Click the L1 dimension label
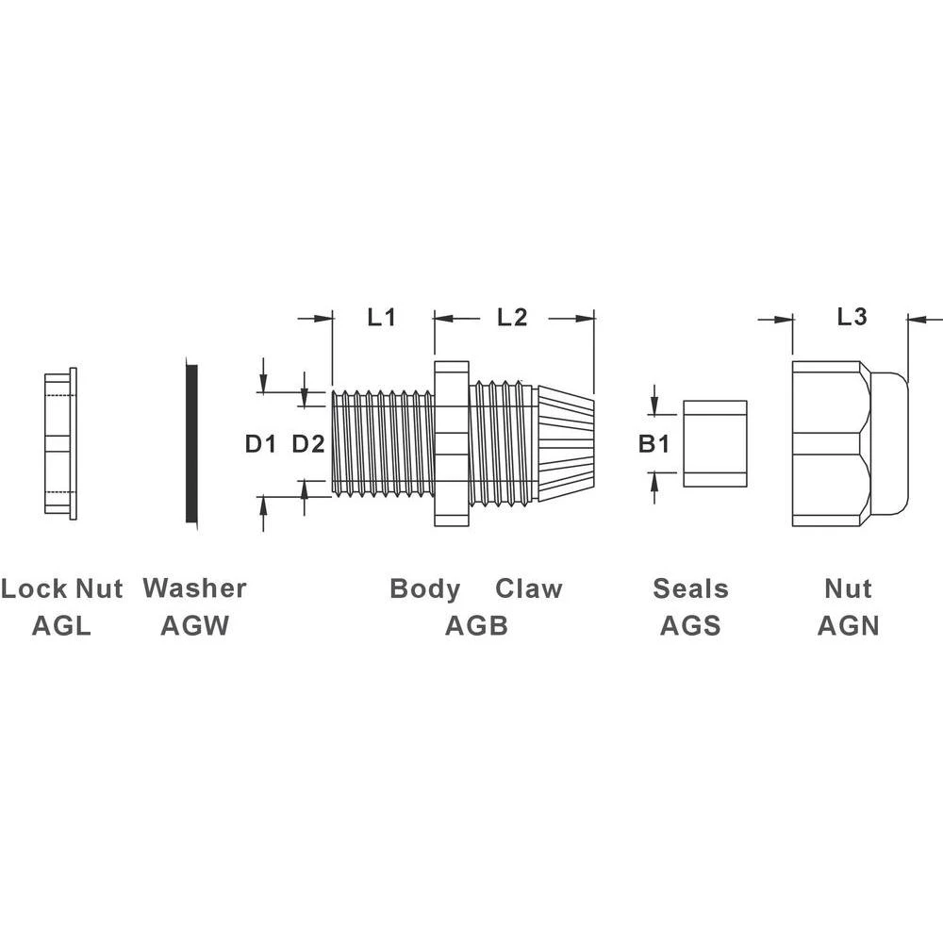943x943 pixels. coord(381,318)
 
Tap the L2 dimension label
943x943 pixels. coord(511,318)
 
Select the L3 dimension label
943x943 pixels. coord(852,318)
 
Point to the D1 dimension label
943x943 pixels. coord(259,443)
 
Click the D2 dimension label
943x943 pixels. coord(307,443)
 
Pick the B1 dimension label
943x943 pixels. coord(653,443)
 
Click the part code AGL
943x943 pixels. coord(61,625)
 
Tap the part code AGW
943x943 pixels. coord(194,625)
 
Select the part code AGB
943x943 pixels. coord(476,625)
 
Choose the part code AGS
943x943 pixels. coord(690,625)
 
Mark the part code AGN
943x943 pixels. coord(848,625)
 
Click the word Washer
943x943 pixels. coord(194,588)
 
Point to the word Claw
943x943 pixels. coord(529,589)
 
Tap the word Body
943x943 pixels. coord(425,589)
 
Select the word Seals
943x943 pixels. coord(690,589)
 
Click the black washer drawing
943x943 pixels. coord(192,443)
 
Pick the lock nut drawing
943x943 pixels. coord(60,442)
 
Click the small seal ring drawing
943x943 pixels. coord(715,443)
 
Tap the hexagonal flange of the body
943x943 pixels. coord(451,443)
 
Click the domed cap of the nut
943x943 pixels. coord(889,443)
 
